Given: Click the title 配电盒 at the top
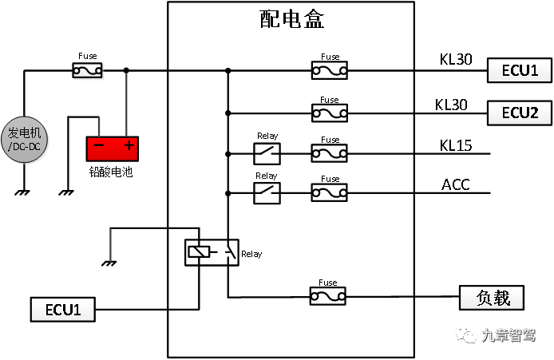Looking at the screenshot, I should (292, 19).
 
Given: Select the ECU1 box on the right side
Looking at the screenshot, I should (520, 70).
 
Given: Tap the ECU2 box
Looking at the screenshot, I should (520, 113).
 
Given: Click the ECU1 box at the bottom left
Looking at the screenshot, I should (63, 310).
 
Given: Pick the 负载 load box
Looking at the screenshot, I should (492, 298).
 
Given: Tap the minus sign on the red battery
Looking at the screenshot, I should (99, 146).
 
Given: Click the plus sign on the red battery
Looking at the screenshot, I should (128, 146).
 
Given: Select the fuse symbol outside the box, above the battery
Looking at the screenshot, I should (88, 72).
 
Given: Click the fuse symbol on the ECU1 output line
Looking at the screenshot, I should (330, 71).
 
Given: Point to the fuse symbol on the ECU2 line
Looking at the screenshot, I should (330, 114).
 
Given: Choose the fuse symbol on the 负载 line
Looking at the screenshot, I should (330, 297).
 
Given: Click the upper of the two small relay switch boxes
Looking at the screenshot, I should (267, 152).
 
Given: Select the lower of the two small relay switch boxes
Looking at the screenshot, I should (267, 192).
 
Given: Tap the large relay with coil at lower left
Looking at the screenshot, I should (212, 253).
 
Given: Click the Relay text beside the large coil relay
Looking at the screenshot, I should (251, 255).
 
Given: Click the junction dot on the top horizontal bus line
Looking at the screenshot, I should (228, 71).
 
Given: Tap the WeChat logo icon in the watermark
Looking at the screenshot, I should (466, 334).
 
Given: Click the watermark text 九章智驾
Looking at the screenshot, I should (509, 336).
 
